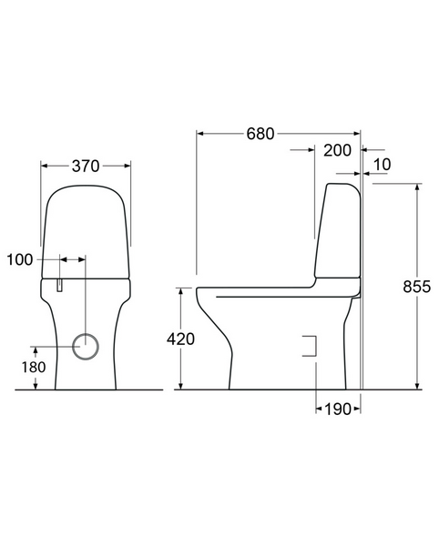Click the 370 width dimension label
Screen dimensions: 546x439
86,166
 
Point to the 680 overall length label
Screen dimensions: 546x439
260,134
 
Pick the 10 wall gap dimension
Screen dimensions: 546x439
382,164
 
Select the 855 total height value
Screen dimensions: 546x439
417,286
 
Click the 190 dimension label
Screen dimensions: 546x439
338,409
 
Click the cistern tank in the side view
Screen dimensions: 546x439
339,232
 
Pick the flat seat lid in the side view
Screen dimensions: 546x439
264,292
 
